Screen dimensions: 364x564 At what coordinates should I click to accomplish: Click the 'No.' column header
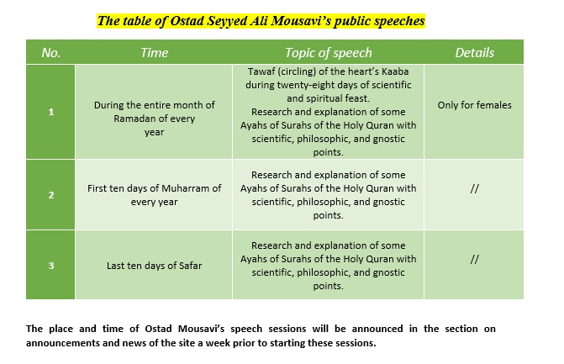50,52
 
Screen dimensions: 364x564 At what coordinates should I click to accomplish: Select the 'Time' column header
155,52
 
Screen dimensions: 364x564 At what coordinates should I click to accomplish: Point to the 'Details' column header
474,52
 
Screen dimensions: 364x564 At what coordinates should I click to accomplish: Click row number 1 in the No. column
50,112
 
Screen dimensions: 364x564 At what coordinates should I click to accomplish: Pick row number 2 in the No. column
50,194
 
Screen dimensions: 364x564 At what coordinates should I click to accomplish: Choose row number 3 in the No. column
50,265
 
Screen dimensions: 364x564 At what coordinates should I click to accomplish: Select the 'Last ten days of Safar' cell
155,265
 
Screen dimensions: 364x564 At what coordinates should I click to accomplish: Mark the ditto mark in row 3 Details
474,260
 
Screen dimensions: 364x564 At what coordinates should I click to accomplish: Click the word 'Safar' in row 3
189,265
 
